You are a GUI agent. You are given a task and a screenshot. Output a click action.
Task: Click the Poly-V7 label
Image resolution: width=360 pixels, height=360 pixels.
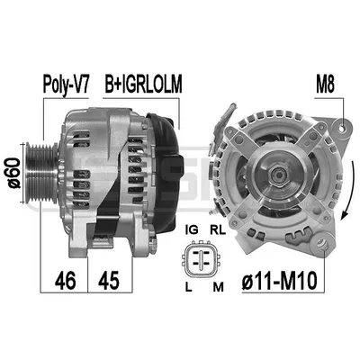pos(66,85)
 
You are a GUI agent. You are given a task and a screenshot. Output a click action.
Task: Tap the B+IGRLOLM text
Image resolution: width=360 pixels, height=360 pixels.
pos(143,84)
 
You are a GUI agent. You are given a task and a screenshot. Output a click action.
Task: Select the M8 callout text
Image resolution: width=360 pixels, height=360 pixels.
pos(325,84)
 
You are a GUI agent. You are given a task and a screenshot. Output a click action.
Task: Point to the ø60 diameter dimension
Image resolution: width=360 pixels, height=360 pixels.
pos(14,173)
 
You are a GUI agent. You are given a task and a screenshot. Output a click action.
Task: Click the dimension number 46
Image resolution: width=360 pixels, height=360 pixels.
pos(66,281)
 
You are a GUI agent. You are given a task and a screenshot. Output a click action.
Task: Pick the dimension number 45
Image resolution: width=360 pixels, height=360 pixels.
pos(108,281)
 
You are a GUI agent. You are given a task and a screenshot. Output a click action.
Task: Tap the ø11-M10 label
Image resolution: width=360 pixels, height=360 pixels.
pos(280,280)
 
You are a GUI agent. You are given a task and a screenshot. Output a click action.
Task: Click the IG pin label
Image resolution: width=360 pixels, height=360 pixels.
pos(192,229)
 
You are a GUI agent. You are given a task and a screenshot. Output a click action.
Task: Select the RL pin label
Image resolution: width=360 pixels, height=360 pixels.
pos(218,229)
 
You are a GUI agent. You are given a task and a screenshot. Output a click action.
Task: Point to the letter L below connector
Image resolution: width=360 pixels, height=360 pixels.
pos(188,287)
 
